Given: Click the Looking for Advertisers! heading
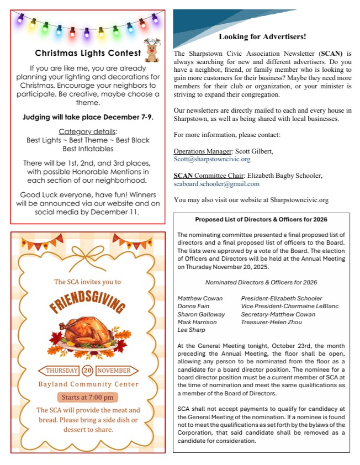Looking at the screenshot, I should [262, 37].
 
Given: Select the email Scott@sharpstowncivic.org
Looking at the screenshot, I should [212, 159].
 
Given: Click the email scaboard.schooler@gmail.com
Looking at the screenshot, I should [216, 184].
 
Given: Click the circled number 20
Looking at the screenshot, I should [88, 371].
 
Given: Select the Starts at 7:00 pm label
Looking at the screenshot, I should [87, 397].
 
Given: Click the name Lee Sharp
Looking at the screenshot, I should [190, 330].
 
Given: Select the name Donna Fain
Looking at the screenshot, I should [193, 306].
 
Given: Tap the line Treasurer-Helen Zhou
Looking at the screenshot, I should [271, 322].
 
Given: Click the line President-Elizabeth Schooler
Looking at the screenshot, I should [282, 298].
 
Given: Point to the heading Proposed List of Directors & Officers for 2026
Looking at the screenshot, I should [261, 219].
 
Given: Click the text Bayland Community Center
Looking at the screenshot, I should [87, 384].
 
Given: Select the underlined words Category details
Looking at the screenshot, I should [88, 131].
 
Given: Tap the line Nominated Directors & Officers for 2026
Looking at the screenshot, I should [261, 282].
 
